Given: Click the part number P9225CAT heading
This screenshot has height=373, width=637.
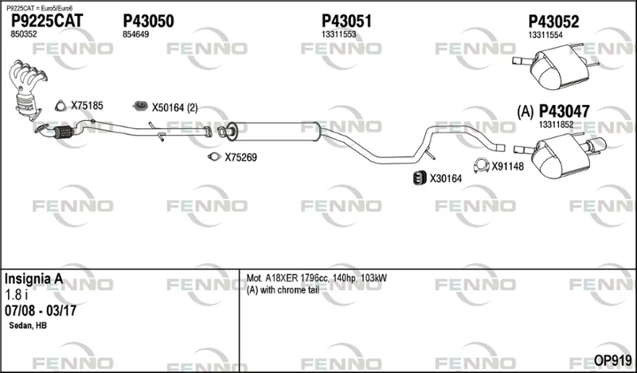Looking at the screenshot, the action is [47, 21].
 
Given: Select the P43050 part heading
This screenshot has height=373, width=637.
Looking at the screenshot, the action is [148, 21].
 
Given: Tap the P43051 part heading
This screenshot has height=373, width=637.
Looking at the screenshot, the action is [346, 21].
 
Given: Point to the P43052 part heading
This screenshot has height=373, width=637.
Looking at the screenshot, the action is [553, 21].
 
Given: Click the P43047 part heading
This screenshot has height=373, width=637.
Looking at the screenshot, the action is [564, 111].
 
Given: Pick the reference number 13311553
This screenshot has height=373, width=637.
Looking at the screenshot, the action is [338, 34].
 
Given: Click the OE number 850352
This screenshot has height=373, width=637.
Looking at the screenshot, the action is [24, 34].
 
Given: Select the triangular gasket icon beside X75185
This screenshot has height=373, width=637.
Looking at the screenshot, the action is [61, 106].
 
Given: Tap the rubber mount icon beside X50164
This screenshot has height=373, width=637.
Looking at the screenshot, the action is [141, 107].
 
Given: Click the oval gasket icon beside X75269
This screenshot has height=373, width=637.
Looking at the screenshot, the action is [214, 156].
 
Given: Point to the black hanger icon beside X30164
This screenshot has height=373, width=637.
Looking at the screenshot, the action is [420, 178].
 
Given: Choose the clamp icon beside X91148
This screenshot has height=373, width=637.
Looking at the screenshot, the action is [482, 165].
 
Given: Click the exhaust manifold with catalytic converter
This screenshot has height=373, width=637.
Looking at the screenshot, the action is [27, 89].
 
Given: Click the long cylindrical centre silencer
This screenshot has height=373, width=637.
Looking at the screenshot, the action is [273, 131].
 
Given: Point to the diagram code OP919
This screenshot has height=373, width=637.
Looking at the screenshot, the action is [612, 360].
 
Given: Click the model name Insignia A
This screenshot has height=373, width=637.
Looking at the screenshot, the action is [33, 279].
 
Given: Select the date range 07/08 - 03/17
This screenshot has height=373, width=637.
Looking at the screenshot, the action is [41, 311].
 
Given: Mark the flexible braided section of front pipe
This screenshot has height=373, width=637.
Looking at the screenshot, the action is [64, 132].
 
